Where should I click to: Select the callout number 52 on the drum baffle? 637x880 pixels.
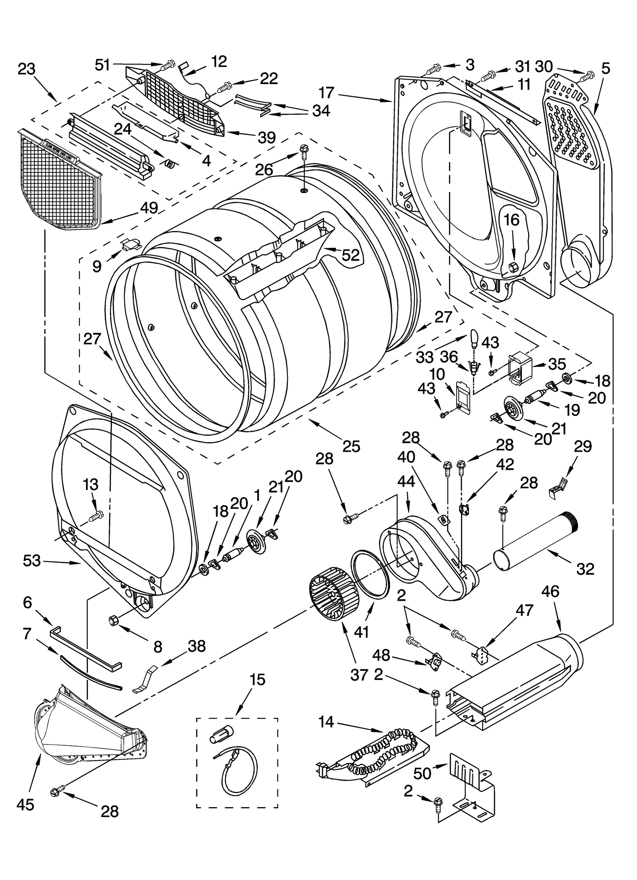[350, 255]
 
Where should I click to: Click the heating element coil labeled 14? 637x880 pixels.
[382, 748]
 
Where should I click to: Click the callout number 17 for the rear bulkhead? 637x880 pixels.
[326, 93]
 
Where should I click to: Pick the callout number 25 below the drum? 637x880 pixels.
[351, 446]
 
